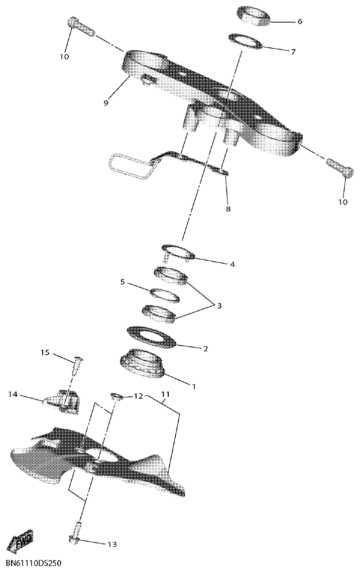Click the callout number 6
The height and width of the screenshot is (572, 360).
click(300, 22)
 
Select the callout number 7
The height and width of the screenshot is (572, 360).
click(293, 51)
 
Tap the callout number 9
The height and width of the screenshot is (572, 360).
click(106, 103)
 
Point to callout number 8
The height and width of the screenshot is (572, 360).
click(228, 208)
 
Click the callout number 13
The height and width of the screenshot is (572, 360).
click(111, 544)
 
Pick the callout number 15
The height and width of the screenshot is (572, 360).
click(45, 353)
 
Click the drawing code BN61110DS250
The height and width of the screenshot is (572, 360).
click(34, 563)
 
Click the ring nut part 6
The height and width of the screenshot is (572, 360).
click(254, 15)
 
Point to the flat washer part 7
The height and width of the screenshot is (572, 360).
click(246, 42)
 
